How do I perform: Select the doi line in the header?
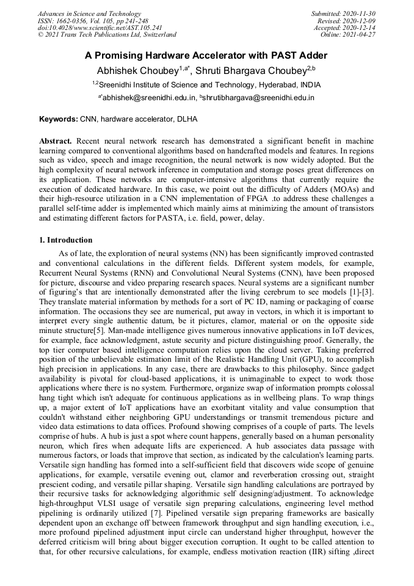click(100, 27)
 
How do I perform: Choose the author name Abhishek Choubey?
click(137, 70)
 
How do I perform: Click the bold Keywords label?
click(58, 119)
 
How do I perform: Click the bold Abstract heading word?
click(56, 141)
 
